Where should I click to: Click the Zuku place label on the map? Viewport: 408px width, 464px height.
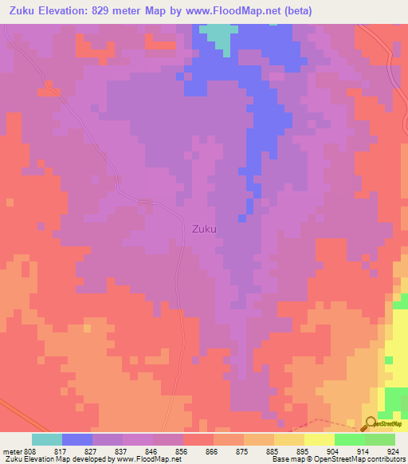tap(204, 229)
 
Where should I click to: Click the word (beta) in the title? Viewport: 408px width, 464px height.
tap(295, 10)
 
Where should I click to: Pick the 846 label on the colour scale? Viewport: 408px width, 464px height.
tap(151, 450)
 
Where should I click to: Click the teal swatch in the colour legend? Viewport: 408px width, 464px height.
tap(46, 439)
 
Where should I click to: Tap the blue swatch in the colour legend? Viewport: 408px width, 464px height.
tap(76, 439)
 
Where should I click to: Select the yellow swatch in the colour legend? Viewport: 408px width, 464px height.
tap(319, 439)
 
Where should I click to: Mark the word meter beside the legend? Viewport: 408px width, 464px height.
tap(13, 450)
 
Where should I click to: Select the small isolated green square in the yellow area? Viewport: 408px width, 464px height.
tap(389, 360)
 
